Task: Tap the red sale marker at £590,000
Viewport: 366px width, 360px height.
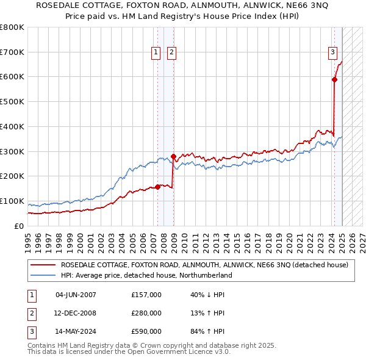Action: pyautogui.click(x=335, y=79)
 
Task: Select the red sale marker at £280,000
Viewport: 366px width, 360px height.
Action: pyautogui.click(x=173, y=156)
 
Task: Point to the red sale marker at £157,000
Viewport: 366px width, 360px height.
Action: pyautogui.click(x=158, y=187)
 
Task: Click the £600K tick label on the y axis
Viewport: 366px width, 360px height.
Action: pyautogui.click(x=12, y=77)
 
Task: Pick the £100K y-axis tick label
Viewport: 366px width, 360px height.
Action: pyautogui.click(x=12, y=201)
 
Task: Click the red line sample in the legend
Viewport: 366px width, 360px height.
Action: pyautogui.click(x=42, y=265)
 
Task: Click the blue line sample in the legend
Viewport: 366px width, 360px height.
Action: pyautogui.click(x=42, y=275)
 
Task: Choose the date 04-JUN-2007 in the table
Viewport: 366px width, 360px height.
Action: pyautogui.click(x=76, y=295)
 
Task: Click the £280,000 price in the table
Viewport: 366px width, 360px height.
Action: pyautogui.click(x=146, y=313)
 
